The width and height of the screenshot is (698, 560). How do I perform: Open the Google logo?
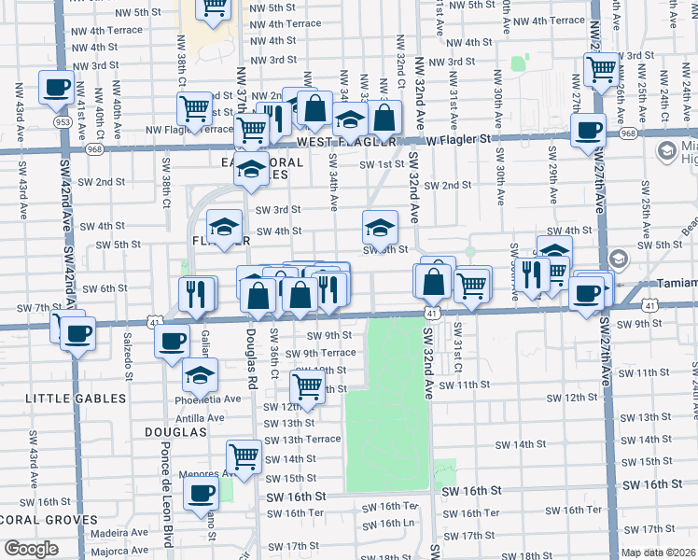tap(32, 548)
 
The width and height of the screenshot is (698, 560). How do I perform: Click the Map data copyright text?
tap(659, 553)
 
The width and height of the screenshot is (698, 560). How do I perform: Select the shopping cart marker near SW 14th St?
tap(244, 456)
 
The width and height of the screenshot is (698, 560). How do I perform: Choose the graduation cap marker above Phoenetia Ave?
tap(200, 374)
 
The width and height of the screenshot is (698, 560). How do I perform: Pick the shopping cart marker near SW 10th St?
tap(307, 385)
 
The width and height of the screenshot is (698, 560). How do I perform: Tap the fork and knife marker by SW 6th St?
tap(195, 294)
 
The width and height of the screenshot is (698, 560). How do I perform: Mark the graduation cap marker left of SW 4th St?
tap(224, 227)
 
